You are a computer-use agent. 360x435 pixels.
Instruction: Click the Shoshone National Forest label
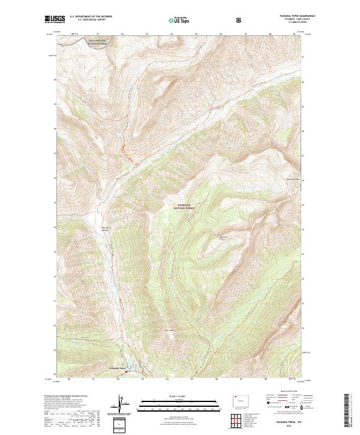pos(184,206)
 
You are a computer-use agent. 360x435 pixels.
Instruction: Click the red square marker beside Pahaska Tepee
pos(126,371)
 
